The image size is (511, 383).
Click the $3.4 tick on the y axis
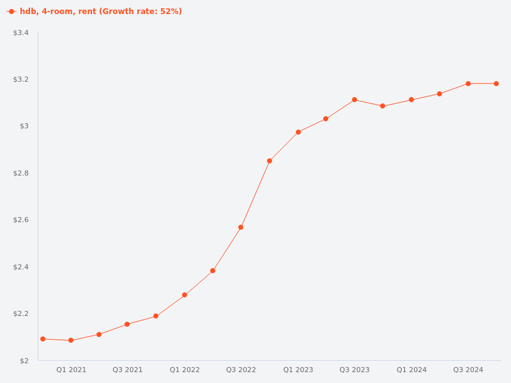pyautogui.click(x=21, y=33)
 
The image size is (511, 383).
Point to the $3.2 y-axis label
pyautogui.click(x=21, y=80)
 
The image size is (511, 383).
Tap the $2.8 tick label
pyautogui.click(x=21, y=174)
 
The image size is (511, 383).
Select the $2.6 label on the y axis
pyautogui.click(x=21, y=220)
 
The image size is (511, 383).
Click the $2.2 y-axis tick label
pyautogui.click(x=21, y=314)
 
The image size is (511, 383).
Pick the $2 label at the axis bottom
pyautogui.click(x=24, y=361)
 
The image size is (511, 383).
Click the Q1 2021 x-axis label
pyautogui.click(x=71, y=370)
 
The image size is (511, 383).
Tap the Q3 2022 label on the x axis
pyautogui.click(x=241, y=370)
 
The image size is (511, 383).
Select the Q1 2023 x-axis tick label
pyautogui.click(x=298, y=370)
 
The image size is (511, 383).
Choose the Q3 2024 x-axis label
pyautogui.click(x=468, y=370)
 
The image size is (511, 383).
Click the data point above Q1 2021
pyautogui.click(x=71, y=340)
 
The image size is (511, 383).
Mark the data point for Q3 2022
pyautogui.click(x=241, y=227)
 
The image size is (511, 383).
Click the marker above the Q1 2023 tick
pyautogui.click(x=298, y=132)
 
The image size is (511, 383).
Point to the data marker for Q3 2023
pyautogui.click(x=355, y=100)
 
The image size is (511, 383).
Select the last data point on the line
pyautogui.click(x=496, y=84)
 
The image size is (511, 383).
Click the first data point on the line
pyautogui.click(x=43, y=339)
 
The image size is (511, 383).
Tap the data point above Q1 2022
pyautogui.click(x=185, y=295)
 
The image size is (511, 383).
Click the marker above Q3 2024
pyautogui.click(x=468, y=84)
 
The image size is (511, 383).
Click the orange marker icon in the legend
pyautogui.click(x=11, y=11)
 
